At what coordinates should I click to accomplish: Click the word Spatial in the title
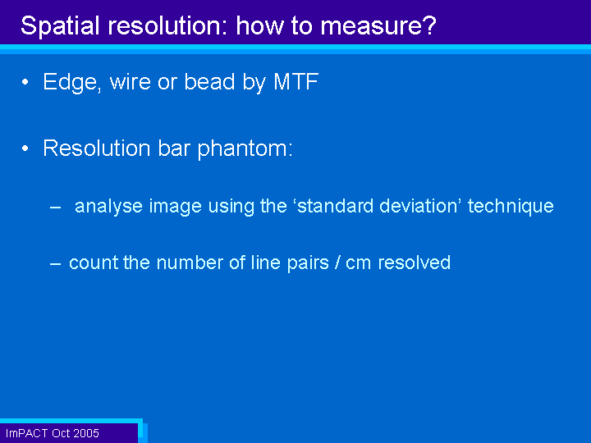coord(60,26)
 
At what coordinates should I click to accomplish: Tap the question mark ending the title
coord(429,25)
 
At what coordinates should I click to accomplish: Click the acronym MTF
coord(295,81)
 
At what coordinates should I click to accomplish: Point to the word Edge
coord(72,83)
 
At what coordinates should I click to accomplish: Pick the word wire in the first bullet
coord(131,81)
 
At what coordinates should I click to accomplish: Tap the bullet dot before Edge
coord(25,82)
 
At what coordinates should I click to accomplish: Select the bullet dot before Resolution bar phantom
coord(25,148)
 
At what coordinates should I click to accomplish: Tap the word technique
coord(511,207)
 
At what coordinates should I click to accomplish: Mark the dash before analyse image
coord(56,208)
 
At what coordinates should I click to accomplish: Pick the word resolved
coord(415,263)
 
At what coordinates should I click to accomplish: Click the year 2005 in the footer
coord(87,433)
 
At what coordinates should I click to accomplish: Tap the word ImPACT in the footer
coord(27,433)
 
